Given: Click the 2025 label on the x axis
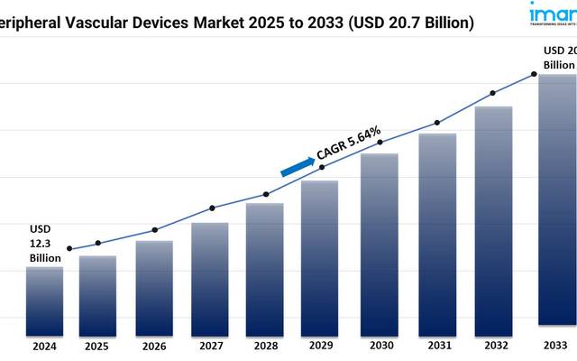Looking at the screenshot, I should click(96, 346).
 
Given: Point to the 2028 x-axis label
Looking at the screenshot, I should click(265, 346).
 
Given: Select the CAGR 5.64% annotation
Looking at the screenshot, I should click(349, 143).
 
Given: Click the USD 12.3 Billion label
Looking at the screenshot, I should click(44, 243).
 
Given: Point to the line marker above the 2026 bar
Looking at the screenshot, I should click(154, 230).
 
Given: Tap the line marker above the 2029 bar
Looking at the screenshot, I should click(322, 166).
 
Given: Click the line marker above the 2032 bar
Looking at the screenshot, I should click(492, 93).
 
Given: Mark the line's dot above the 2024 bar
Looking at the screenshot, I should click(69, 249).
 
